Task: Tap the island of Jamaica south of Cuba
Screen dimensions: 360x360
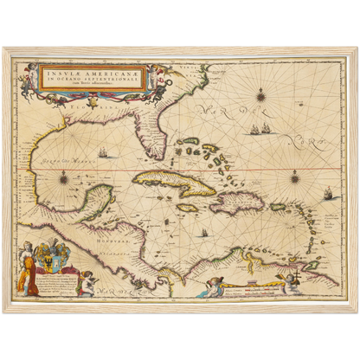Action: pos(188,208)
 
